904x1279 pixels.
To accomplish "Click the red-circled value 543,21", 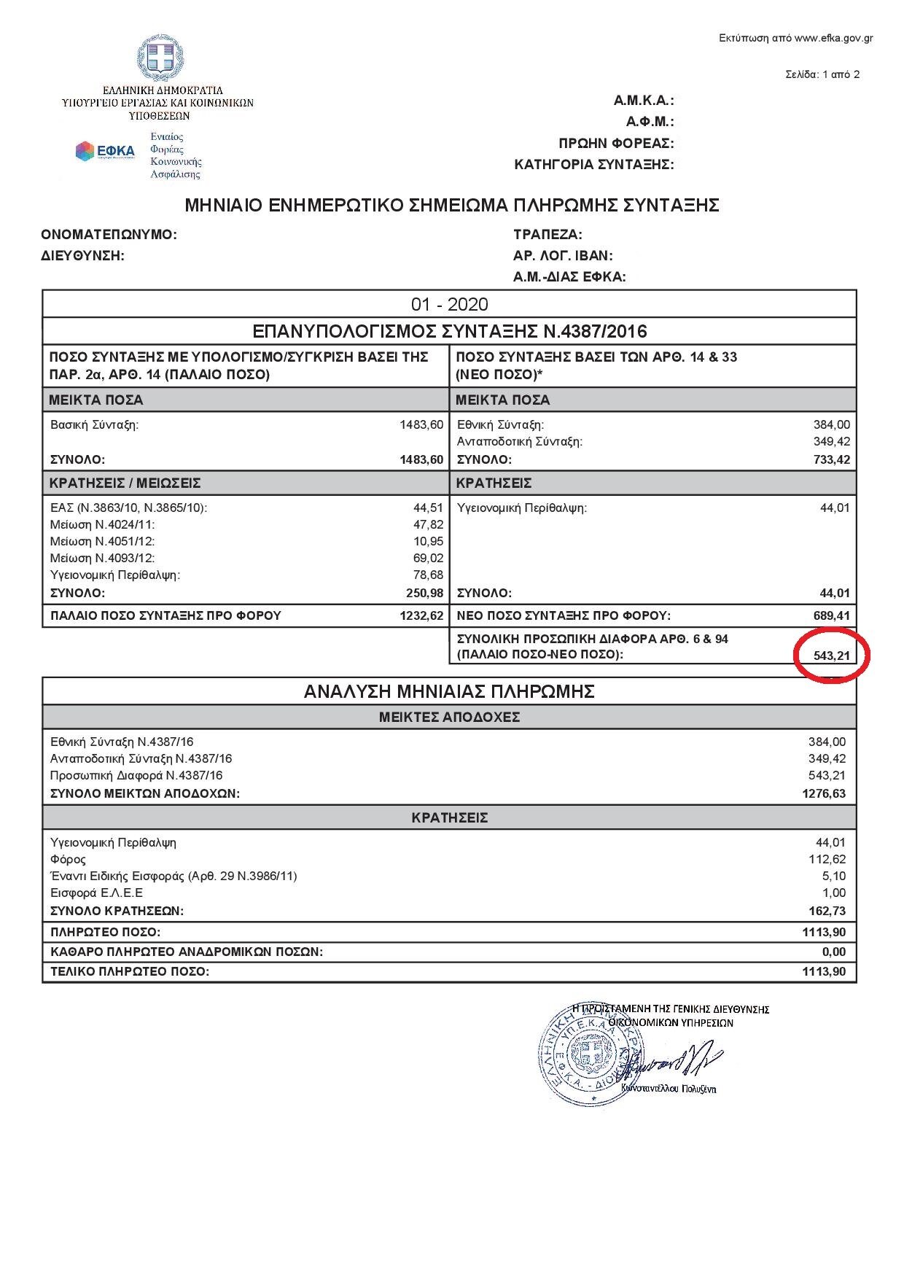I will [x=832, y=655].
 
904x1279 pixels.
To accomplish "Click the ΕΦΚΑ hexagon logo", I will [x=85, y=151].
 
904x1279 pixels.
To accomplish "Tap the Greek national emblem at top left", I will [x=162, y=59].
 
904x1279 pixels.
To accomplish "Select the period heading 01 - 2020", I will [x=449, y=304].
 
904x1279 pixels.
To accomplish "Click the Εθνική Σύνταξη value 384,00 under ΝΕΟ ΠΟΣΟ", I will [x=832, y=424].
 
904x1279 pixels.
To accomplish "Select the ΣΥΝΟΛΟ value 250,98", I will [x=425, y=593].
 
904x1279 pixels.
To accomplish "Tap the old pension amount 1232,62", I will [x=421, y=615].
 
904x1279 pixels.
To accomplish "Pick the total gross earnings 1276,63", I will [x=824, y=793].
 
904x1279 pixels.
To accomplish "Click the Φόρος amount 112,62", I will [x=827, y=859].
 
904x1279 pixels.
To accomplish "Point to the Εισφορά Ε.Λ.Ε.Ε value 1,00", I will [x=834, y=893].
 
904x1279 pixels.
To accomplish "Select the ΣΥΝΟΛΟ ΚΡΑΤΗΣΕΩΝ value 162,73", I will [x=827, y=911].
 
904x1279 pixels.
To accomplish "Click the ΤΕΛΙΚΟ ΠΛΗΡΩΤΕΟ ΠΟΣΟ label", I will [x=130, y=971].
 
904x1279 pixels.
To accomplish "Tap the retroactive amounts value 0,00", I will [x=834, y=952].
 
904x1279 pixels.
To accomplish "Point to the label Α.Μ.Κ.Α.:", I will [x=644, y=101].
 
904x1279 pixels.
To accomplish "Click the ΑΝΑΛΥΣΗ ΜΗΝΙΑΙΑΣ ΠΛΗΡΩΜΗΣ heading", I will [x=449, y=691].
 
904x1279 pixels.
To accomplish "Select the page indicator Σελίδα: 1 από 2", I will [x=822, y=74].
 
